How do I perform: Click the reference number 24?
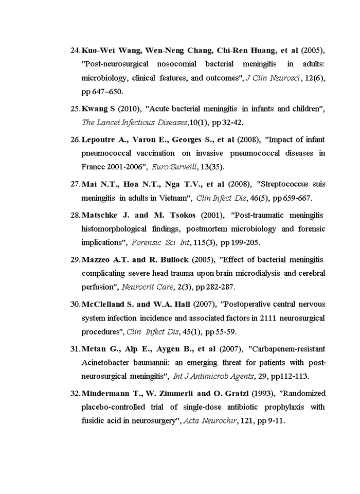click(x=75, y=50)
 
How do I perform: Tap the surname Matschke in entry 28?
click(x=100, y=215)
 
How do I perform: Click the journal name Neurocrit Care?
click(x=143, y=287)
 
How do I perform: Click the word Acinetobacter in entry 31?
click(x=105, y=362)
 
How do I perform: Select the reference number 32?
click(x=75, y=393)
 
